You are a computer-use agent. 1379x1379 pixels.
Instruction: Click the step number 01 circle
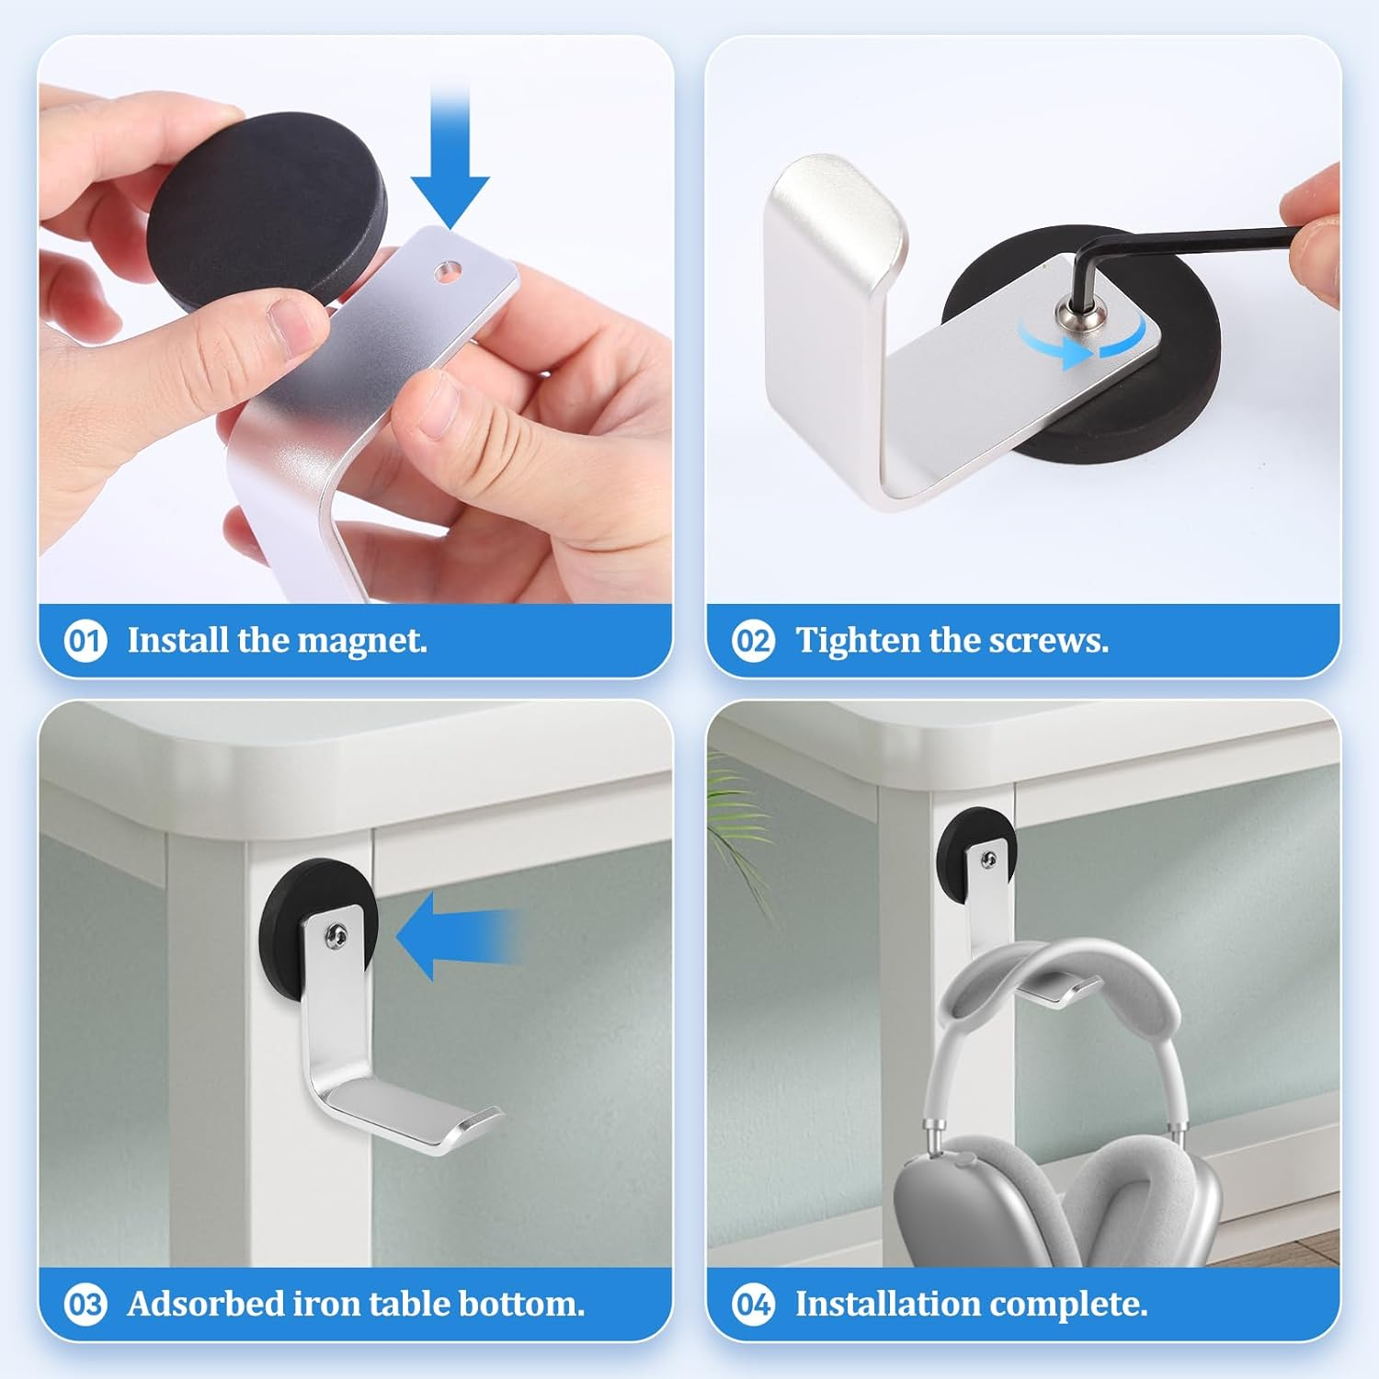(85, 640)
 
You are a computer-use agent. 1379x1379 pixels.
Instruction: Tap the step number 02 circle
(753, 640)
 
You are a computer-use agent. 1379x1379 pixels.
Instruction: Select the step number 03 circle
(85, 1304)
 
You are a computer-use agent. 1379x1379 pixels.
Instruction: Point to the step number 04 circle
(753, 1304)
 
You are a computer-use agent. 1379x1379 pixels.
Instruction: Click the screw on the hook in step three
(335, 936)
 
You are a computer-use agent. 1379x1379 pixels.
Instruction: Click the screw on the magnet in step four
(988, 860)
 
